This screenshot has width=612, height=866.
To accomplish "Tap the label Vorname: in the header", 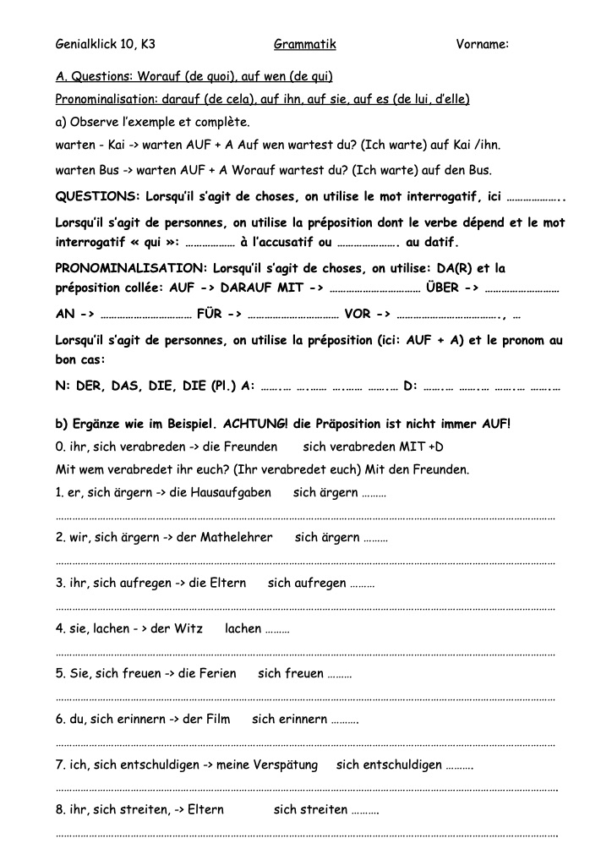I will [481, 43].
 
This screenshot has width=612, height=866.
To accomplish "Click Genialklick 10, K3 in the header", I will [106, 43].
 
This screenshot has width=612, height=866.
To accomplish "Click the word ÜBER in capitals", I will [443, 288].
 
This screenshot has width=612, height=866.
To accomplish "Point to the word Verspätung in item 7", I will [279, 765].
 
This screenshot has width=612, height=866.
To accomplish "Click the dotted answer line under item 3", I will [304, 607].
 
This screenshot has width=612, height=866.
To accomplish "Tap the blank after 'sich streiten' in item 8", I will [364, 810].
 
